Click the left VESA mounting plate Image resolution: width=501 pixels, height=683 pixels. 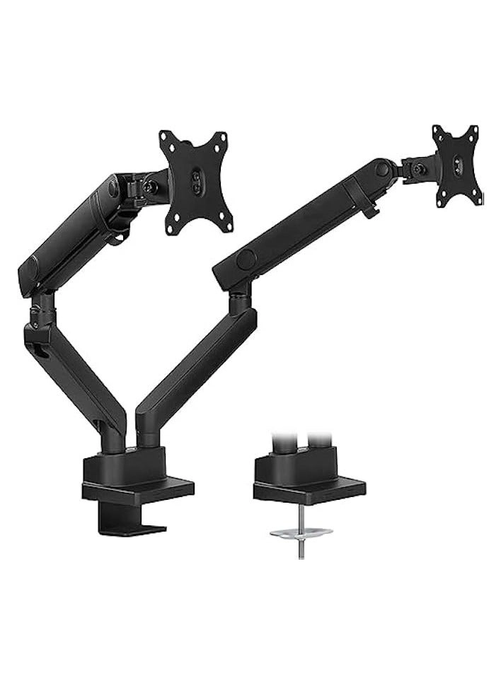192,182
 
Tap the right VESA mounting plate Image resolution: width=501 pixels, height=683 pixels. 457,165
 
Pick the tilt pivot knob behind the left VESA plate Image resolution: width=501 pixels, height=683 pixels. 151,187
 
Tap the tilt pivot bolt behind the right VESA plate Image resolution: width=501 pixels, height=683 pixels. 418,170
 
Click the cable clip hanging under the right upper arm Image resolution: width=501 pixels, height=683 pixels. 370,208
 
